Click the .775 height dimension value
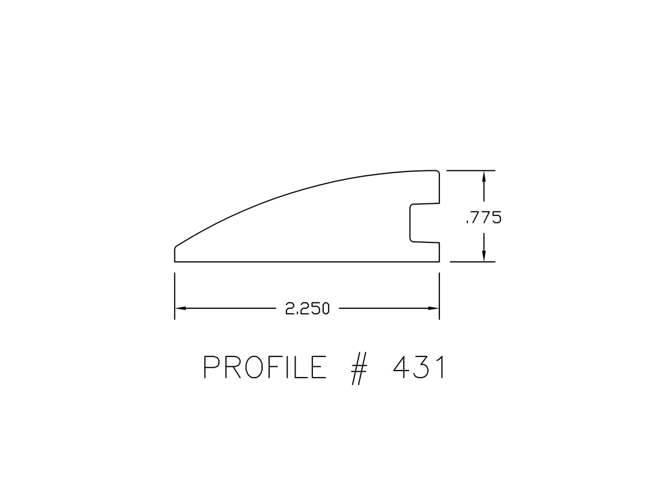[483, 217]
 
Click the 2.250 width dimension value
[307, 309]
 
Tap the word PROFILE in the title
[265, 368]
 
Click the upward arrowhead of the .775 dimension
[484, 176]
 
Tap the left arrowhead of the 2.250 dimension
[180, 308]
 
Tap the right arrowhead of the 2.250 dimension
[433, 308]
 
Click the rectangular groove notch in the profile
[424, 222]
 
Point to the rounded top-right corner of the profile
[437, 172]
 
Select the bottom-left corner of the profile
[175, 261]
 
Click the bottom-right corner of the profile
[439, 261]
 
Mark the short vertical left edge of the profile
[175, 254]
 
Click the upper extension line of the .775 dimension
[470, 170]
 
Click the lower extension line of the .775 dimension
[472, 262]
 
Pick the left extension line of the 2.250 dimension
[175, 296]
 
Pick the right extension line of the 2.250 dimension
[439, 296]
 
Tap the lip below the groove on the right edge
[438, 252]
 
